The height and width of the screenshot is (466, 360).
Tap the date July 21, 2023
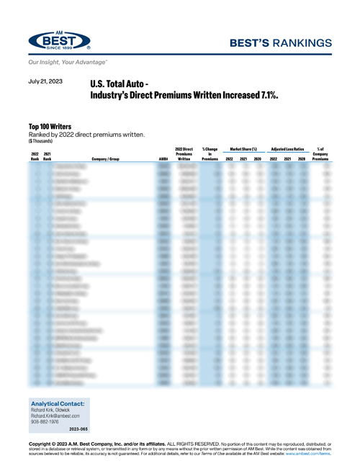point(46,82)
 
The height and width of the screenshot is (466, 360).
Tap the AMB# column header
point(163,158)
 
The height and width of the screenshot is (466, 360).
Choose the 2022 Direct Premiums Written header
point(186,153)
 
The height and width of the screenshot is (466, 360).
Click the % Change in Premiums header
point(210,153)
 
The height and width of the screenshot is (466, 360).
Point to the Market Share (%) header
point(243,148)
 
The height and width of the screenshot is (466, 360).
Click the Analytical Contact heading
point(58,403)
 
